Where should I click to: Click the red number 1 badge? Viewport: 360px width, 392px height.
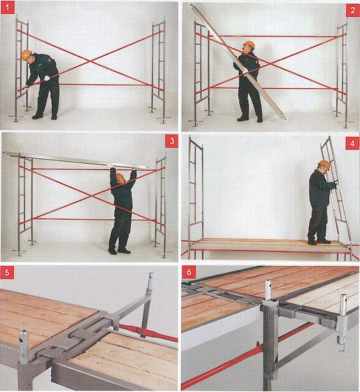pos(7,8)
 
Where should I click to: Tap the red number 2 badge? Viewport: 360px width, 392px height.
pos(352,10)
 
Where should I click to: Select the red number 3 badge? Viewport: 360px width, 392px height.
pos(172,141)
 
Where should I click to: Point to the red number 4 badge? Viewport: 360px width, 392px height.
pos(352,143)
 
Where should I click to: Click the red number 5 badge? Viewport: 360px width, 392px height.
pos(7,272)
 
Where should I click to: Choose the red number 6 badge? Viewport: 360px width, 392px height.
pos(189,272)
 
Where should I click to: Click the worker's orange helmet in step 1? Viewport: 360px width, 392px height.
pos(26,55)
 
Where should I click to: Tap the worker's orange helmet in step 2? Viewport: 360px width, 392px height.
pos(249,45)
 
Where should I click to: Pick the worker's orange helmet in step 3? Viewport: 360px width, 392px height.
pos(120,176)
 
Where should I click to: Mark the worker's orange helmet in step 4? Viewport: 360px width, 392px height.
pos(324,164)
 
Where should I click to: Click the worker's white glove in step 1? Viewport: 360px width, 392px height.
pos(47,78)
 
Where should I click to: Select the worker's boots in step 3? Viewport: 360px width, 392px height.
pos(119,250)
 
